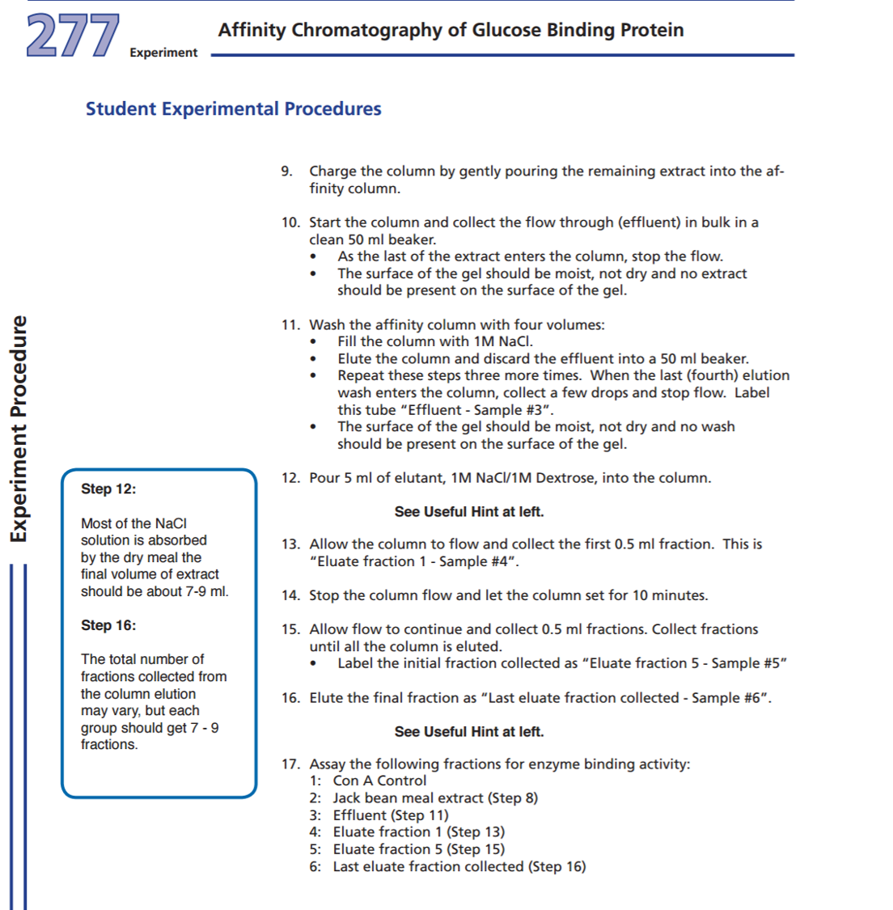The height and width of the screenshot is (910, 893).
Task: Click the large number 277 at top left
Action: (x=73, y=36)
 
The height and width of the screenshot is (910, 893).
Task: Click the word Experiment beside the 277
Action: (x=163, y=53)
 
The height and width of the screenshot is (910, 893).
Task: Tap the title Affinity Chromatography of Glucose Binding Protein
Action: (x=451, y=30)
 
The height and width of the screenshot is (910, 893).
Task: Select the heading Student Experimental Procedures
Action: (x=233, y=108)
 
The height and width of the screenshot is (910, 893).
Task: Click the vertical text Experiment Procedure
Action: (x=19, y=429)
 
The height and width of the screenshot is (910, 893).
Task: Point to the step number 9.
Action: (x=286, y=171)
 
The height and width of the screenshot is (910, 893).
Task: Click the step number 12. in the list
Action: (x=290, y=478)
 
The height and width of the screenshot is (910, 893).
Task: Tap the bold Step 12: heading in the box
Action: (x=108, y=489)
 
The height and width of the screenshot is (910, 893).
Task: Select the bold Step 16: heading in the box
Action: (x=108, y=625)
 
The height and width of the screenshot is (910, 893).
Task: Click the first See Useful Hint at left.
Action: (x=469, y=512)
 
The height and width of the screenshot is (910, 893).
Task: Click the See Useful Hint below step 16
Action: (x=469, y=732)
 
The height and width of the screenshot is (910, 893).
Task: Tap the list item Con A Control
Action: (x=379, y=781)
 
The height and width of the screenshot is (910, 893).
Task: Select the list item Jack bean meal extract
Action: (x=408, y=798)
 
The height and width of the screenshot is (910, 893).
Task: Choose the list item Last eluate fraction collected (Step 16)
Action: (x=459, y=866)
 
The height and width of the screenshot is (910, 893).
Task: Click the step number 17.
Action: (x=290, y=764)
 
